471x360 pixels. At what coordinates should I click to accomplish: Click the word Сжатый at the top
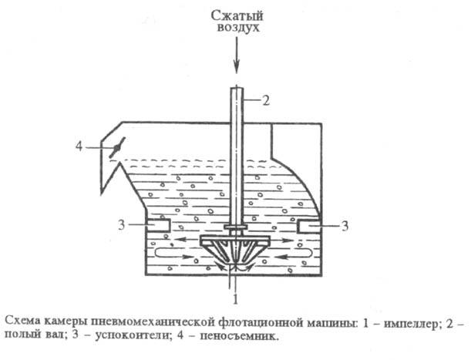point(237,13)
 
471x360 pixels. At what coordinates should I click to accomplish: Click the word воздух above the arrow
point(237,27)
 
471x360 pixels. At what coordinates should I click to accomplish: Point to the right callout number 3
point(345,225)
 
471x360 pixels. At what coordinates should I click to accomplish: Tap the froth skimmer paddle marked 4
point(116,146)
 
